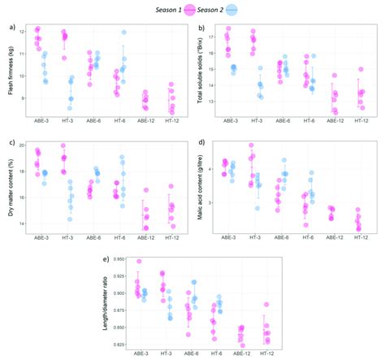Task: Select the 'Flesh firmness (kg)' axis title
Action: click(11, 70)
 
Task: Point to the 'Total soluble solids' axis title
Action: click(200, 70)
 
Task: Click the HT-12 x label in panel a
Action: click(171, 123)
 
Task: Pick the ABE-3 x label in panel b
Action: click(230, 123)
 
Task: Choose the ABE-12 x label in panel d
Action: click(334, 239)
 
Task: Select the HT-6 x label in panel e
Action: click(215, 355)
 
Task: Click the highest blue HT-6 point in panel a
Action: click(124, 33)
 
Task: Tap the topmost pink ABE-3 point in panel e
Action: click(139, 262)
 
